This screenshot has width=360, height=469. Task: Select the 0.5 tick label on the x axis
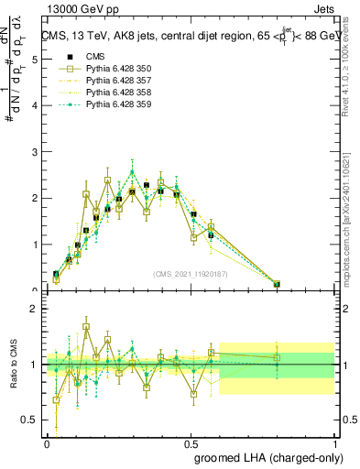(x=191, y=442)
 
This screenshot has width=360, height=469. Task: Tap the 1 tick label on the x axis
(x=335, y=442)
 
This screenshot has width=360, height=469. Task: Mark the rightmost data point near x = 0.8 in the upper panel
(x=277, y=284)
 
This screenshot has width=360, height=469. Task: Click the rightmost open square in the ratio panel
(x=277, y=357)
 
